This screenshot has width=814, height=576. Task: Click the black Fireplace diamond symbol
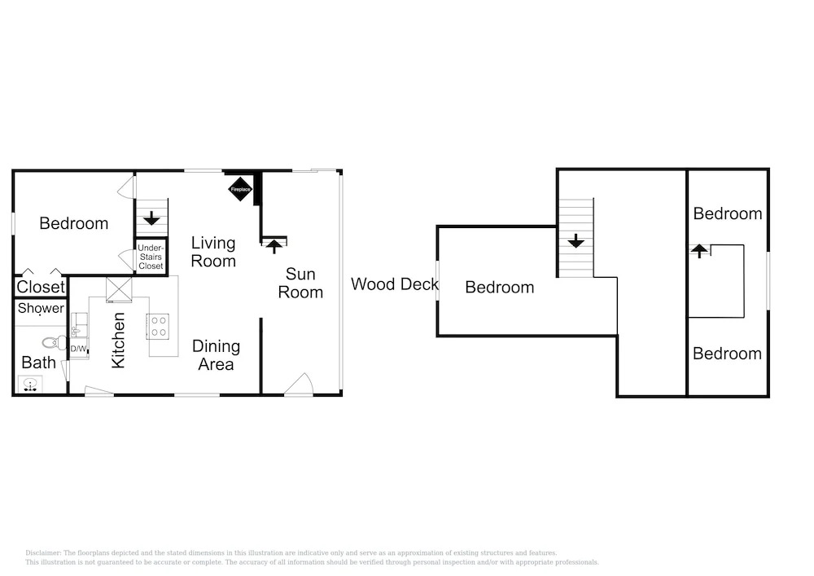pyautogui.click(x=240, y=189)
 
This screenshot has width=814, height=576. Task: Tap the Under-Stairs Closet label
pyautogui.click(x=151, y=257)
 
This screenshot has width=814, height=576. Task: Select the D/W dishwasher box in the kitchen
pyautogui.click(x=78, y=349)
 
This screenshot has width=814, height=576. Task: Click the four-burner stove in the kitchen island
pyautogui.click(x=157, y=327)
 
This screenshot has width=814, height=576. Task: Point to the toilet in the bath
pyautogui.click(x=54, y=343)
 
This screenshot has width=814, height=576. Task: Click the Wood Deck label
pyautogui.click(x=395, y=284)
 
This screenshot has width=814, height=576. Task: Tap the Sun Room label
pyautogui.click(x=300, y=283)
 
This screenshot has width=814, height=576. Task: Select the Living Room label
pyautogui.click(x=213, y=252)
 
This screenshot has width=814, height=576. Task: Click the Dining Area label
pyautogui.click(x=216, y=355)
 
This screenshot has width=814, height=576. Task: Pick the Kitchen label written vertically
pyautogui.click(x=118, y=341)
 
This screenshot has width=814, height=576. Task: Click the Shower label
pyautogui.click(x=41, y=309)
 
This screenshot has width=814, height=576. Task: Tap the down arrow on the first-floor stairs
pyautogui.click(x=151, y=218)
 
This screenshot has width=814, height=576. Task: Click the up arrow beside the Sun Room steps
pyautogui.click(x=274, y=245)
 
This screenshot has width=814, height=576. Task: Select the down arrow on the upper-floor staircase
pyautogui.click(x=575, y=241)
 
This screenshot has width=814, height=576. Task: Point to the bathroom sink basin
pyautogui.click(x=30, y=385)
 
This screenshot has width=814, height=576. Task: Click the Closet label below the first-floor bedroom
pyautogui.click(x=41, y=287)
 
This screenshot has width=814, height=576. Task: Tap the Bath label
pyautogui.click(x=38, y=363)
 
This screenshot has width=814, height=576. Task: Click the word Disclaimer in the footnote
pyautogui.click(x=43, y=553)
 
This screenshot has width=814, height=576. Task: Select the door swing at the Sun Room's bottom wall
pyautogui.click(x=299, y=385)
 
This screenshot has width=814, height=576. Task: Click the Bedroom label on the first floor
pyautogui.click(x=74, y=223)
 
